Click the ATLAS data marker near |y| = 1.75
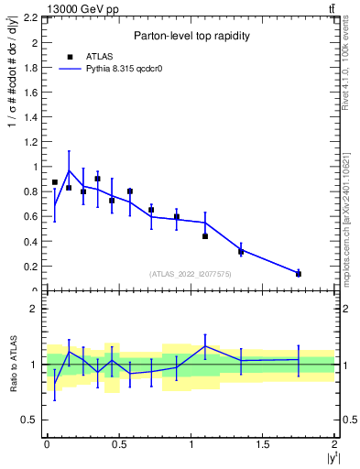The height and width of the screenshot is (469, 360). (x=299, y=274)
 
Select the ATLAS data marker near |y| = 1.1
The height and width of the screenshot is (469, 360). (x=205, y=236)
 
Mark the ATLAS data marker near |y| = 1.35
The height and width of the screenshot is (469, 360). (x=241, y=251)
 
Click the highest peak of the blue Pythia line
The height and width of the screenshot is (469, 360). (x=69, y=170)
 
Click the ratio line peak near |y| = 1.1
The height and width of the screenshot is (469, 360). (x=205, y=346)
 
